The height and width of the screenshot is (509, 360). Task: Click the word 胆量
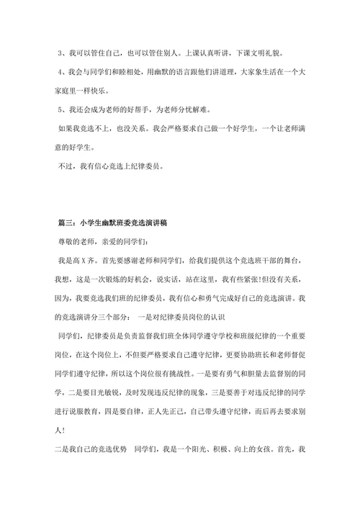pos(258,354)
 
